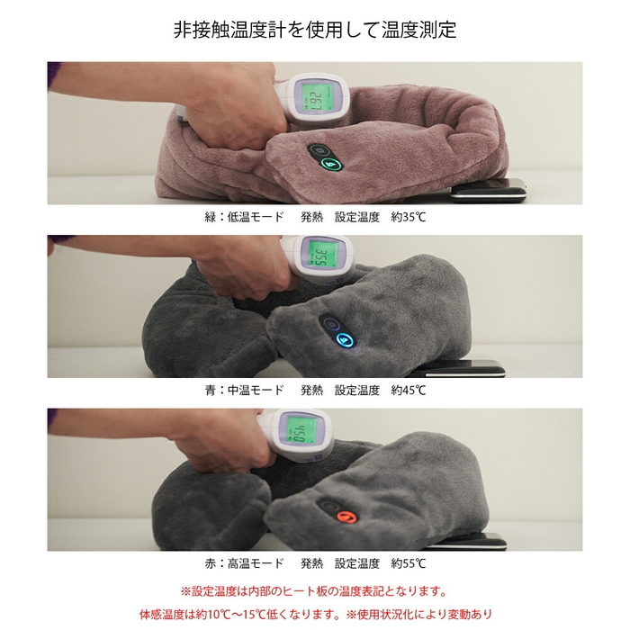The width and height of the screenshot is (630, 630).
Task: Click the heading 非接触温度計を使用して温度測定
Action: point(315,30)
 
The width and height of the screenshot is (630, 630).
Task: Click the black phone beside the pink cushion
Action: point(487,189)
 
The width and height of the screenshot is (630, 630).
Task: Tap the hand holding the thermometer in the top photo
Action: point(225,99)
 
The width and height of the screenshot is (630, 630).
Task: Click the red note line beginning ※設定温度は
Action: point(314,591)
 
